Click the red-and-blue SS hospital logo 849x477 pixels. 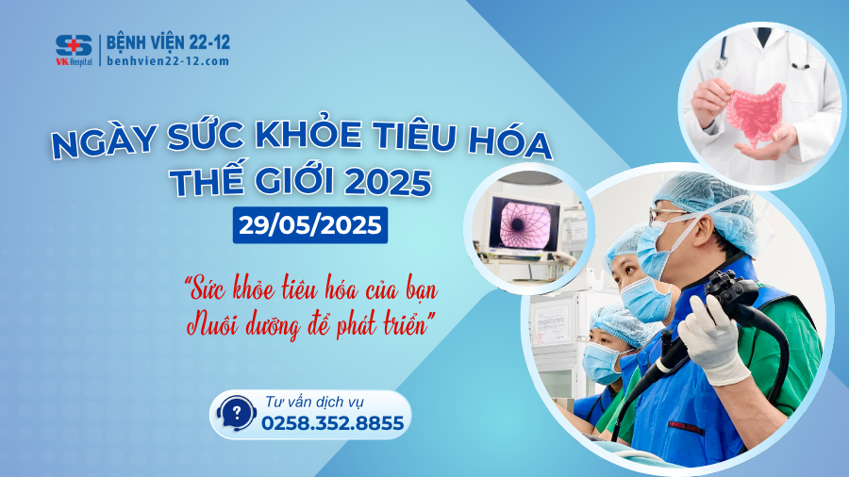(73, 48)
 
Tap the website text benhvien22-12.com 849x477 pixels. (167, 61)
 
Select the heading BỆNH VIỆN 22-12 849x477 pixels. (168, 42)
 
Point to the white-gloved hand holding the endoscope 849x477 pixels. (712, 338)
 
